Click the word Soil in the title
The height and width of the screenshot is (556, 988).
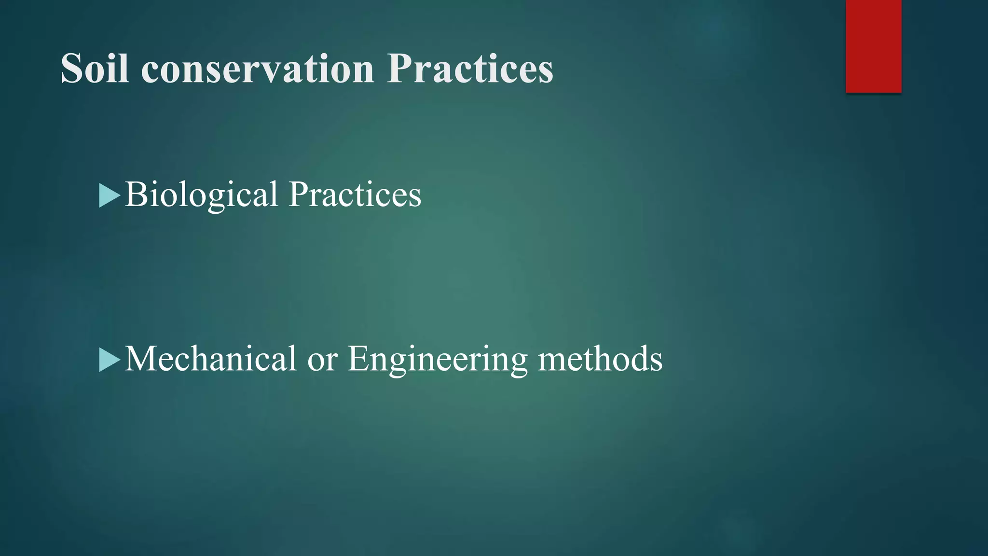tap(95, 69)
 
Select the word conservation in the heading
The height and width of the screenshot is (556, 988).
tap(258, 69)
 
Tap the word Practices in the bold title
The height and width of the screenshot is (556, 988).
tap(470, 69)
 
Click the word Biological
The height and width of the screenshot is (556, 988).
tap(202, 194)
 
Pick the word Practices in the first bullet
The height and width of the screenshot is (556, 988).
tap(355, 194)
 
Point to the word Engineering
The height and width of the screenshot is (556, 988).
tap(437, 360)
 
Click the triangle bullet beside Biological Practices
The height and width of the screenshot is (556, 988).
tap(109, 195)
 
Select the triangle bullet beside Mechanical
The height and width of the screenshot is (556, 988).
tap(109, 360)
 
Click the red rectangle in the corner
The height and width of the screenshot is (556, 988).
tap(873, 46)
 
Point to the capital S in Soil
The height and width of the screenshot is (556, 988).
tap(72, 69)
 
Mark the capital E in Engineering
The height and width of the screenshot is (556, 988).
tap(358, 359)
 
